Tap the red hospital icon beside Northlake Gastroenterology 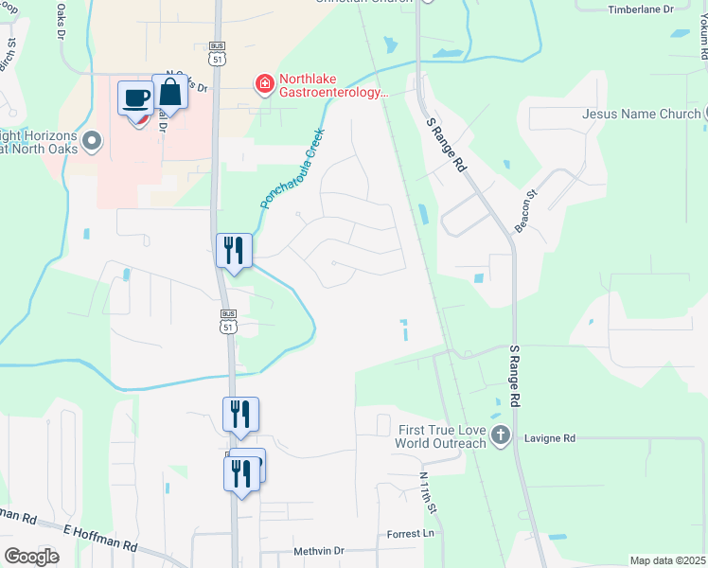pyautogui.click(x=264, y=85)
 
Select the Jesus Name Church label pyautogui.click(x=641, y=114)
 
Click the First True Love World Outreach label pyautogui.click(x=441, y=436)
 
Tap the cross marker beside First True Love pyautogui.click(x=502, y=436)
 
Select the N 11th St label pyautogui.click(x=429, y=495)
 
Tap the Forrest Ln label pyautogui.click(x=410, y=534)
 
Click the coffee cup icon pyautogui.click(x=135, y=98)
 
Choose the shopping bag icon pyautogui.click(x=170, y=93)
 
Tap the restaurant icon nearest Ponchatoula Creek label pyautogui.click(x=234, y=251)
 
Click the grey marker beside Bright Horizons pyautogui.click(x=92, y=142)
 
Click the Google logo pyautogui.click(x=31, y=557)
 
